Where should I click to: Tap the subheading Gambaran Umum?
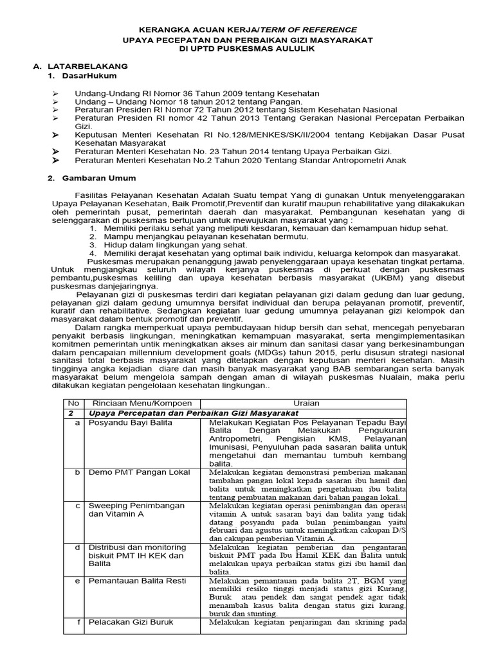point(100,178)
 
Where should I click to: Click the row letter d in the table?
point(77,547)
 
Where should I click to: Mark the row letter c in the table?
point(77,506)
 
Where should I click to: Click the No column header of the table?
point(73,403)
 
